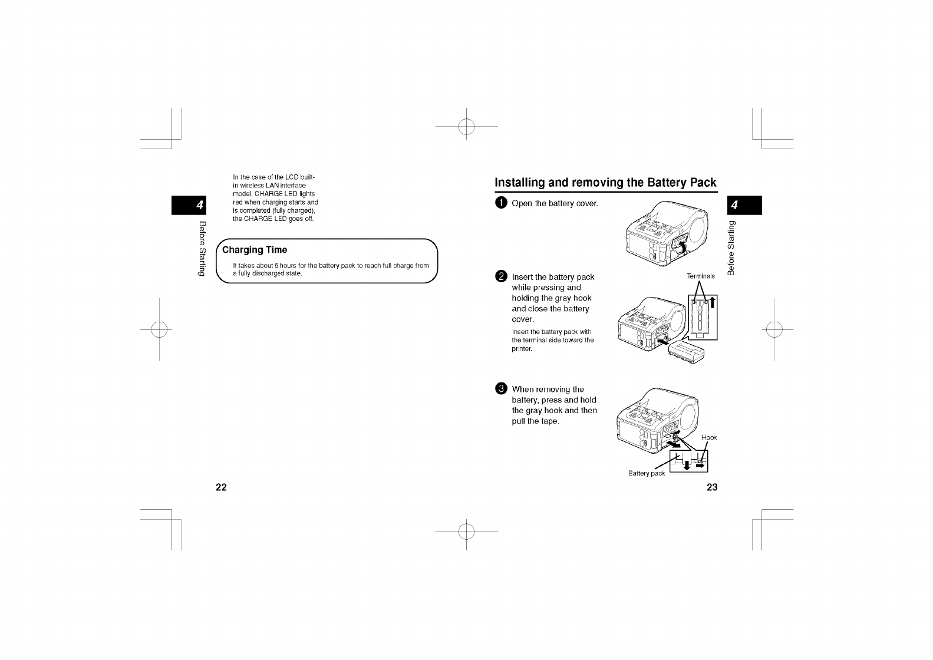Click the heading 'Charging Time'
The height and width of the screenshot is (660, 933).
255,250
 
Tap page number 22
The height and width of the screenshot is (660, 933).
221,487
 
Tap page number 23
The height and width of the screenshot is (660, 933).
712,487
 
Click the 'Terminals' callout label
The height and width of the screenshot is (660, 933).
701,276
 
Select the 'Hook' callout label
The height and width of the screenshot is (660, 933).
709,437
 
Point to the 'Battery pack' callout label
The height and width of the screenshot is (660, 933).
647,473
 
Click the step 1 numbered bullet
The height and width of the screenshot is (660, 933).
501,203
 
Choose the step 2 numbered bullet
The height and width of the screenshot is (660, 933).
501,277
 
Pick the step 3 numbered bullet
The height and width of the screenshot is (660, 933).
501,389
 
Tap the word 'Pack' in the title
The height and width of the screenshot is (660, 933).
703,183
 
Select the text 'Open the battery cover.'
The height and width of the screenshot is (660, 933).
555,203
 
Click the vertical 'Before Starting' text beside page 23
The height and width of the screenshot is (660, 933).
732,247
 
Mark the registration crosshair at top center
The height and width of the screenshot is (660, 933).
466,126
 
